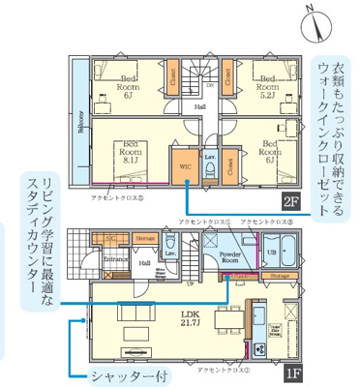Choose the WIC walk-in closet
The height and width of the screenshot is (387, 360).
[185, 165]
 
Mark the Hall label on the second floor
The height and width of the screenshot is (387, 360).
[199, 105]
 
